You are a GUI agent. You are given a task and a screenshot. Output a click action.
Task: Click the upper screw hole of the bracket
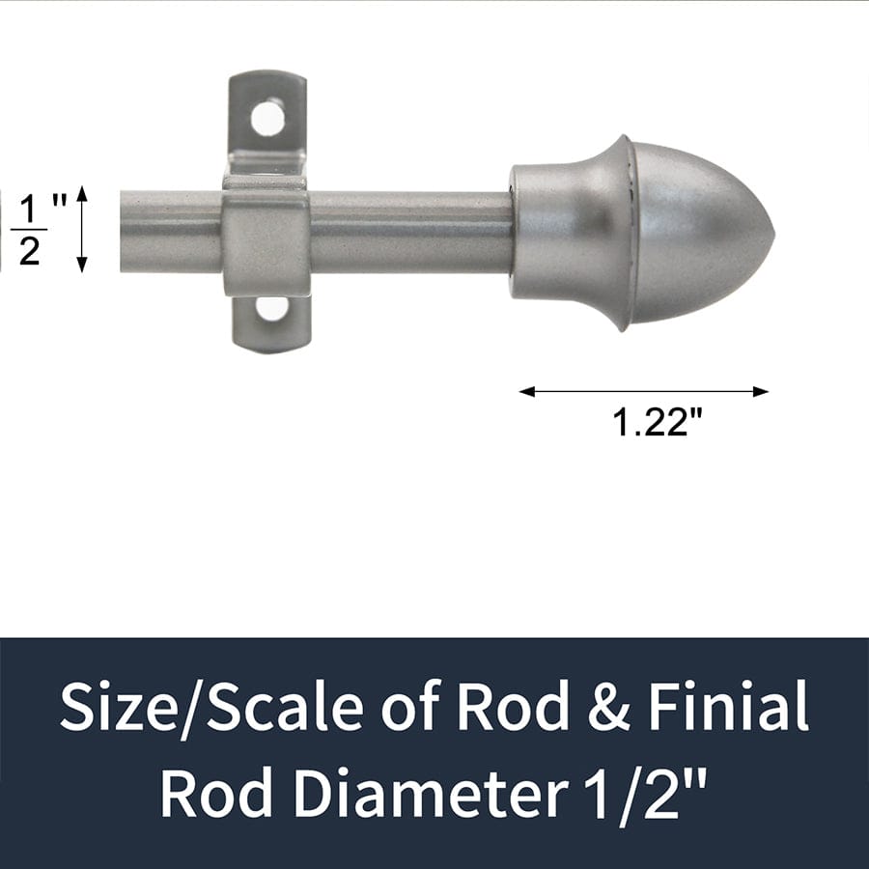267,119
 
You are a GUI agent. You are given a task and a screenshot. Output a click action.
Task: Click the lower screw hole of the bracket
272,308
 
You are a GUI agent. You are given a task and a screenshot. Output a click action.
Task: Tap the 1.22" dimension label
657,422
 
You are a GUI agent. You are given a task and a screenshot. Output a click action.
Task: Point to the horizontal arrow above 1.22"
644,391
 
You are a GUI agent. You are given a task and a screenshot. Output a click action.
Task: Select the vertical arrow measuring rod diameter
82,229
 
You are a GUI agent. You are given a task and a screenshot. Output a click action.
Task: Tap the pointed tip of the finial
772,232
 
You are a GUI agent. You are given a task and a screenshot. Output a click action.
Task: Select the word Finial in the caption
729,708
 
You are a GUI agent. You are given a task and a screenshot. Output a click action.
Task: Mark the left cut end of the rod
124,232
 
